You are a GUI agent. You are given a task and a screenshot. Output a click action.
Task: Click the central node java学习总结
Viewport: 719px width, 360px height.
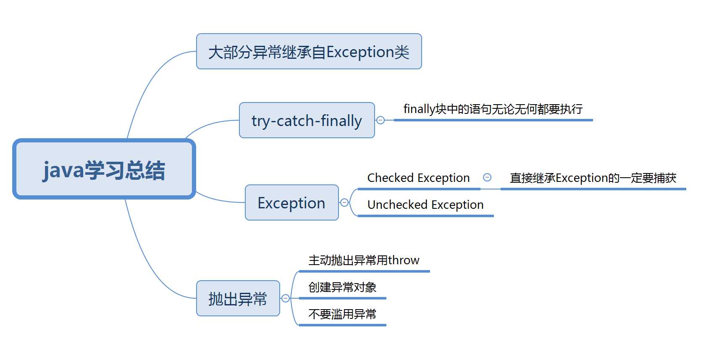coord(104,169)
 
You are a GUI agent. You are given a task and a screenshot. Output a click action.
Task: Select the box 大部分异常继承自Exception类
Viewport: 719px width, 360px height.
coord(309,52)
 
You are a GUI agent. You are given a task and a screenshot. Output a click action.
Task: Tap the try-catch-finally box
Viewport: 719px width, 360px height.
coord(307,121)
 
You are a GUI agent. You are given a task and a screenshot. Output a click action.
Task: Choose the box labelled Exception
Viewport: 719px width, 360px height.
coord(291,203)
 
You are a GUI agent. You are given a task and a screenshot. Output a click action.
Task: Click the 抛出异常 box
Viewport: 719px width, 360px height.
coord(238,299)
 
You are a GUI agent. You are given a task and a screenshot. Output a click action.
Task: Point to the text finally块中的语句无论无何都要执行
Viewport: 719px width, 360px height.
coord(493,109)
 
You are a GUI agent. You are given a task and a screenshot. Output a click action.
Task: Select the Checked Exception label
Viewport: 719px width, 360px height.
coord(418,178)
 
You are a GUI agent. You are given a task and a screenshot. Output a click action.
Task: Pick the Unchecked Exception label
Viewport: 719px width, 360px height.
coord(425,205)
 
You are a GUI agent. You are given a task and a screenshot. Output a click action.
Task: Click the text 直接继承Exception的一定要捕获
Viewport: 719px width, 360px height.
coord(593,178)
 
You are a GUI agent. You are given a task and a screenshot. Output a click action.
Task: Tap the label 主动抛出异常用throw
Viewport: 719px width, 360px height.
coord(364,260)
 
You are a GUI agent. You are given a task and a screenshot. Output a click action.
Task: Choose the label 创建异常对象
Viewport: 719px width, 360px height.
coord(342,287)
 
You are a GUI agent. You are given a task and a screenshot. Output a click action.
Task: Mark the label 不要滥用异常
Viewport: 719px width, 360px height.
coord(342,314)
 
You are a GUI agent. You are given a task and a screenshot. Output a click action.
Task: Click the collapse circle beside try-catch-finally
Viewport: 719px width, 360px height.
coord(380,120)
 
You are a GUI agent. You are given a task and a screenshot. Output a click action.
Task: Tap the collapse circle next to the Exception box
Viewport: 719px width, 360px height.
coord(344,202)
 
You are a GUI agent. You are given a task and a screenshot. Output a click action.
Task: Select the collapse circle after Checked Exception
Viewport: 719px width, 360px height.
coord(487,177)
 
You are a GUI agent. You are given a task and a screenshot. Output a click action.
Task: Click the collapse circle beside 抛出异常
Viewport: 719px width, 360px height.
coord(286,298)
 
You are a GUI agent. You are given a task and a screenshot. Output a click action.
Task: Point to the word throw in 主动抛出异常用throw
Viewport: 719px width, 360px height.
coord(404,260)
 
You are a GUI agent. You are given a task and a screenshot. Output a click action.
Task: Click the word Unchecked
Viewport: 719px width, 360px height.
coord(397,205)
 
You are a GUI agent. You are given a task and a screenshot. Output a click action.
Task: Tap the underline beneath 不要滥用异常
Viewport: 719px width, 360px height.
coord(342,325)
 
